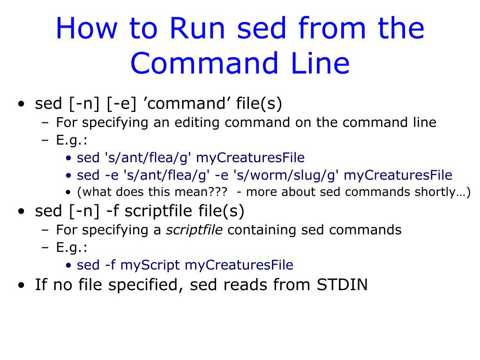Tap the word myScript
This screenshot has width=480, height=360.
[x=150, y=265]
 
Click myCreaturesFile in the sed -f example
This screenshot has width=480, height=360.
[x=239, y=265]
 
